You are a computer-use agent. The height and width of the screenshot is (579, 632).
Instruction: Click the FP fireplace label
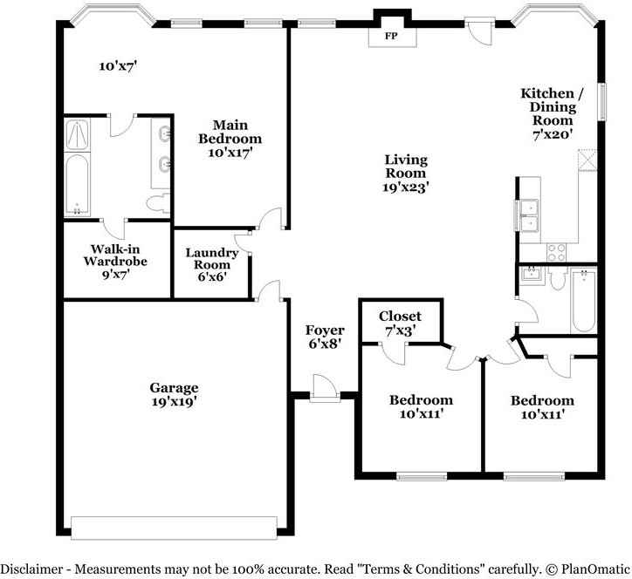[391, 36]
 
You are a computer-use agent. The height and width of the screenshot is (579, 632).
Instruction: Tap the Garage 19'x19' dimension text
[174, 401]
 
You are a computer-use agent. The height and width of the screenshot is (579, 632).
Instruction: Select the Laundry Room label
[212, 258]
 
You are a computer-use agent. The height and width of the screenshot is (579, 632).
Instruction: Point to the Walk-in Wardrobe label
[115, 255]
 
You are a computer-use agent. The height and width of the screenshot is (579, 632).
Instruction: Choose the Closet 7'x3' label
[400, 316]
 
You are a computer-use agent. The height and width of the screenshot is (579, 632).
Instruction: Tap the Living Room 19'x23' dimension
[405, 187]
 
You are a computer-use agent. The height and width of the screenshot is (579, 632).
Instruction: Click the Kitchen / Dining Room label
[553, 106]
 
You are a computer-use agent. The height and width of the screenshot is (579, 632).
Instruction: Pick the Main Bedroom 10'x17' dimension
[230, 153]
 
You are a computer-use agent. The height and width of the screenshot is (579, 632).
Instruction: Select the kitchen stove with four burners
[556, 253]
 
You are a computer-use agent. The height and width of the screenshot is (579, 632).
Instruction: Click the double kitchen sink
[530, 215]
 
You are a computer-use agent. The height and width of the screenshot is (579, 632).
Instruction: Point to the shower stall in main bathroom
[78, 135]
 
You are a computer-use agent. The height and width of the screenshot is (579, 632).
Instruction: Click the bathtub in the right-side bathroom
[584, 301]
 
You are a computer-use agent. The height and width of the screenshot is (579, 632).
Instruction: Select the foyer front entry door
[325, 389]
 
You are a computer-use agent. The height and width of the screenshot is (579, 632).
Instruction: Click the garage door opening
[174, 528]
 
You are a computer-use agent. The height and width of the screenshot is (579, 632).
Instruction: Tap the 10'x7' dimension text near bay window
[119, 66]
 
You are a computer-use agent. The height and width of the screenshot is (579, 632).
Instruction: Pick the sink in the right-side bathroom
[531, 275]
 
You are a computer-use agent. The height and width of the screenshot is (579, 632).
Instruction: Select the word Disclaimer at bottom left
[32, 569]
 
